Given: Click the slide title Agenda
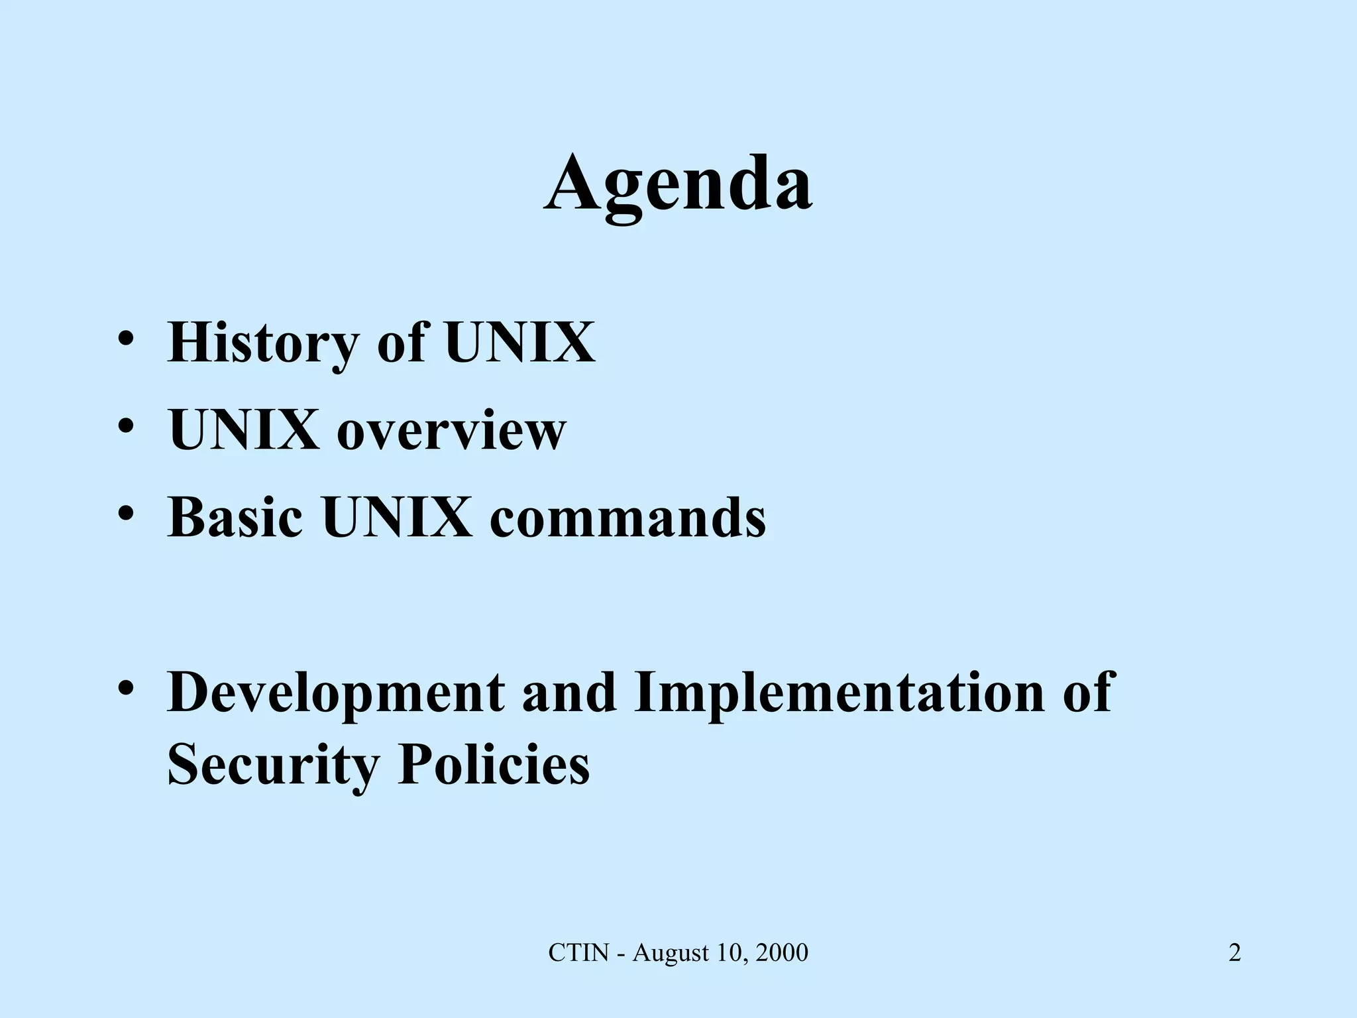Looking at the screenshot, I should point(678,184).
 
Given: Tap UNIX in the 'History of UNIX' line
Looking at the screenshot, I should point(519,343).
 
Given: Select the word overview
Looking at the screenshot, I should point(451,431).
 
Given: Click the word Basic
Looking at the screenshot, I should point(235,518).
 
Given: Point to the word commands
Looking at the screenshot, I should point(627,518).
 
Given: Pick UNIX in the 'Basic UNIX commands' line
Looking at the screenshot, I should point(397,518).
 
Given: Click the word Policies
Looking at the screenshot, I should point(494,765).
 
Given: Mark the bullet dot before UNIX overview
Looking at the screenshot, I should point(127,426).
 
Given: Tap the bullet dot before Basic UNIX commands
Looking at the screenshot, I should point(127,514).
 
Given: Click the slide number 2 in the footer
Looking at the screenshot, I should point(1234,953).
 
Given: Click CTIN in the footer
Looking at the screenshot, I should point(578,953).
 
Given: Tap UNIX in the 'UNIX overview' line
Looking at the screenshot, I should point(244,431).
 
